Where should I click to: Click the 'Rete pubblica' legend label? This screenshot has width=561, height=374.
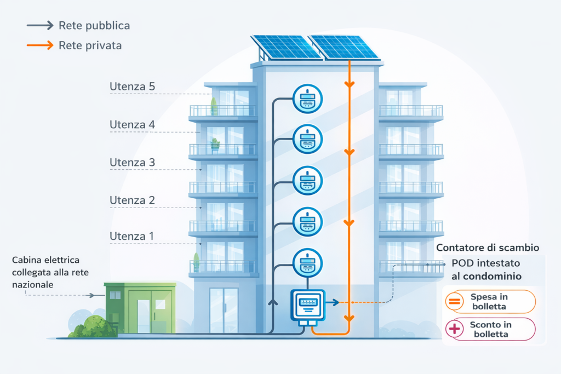[x=94, y=26]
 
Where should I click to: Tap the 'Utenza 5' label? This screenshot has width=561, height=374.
[x=132, y=87]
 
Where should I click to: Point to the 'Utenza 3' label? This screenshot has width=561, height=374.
[x=132, y=163]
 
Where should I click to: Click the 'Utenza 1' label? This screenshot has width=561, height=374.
[x=132, y=236]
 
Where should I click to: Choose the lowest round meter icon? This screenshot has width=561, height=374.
[x=308, y=262]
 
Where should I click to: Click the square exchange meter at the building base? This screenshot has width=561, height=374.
[x=307, y=306]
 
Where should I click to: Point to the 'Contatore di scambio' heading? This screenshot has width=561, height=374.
[x=488, y=248]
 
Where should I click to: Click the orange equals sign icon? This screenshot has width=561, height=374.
[x=454, y=301]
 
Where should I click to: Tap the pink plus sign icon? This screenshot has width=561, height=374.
[x=454, y=329]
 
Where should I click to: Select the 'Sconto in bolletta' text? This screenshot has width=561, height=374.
[x=489, y=329]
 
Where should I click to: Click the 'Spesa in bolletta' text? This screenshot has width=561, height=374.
[x=489, y=301]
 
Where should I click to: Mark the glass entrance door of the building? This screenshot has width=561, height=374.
[x=224, y=310]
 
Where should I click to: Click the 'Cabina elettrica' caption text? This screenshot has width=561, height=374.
[x=46, y=260]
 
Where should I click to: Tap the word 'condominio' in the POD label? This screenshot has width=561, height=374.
[x=494, y=276]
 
